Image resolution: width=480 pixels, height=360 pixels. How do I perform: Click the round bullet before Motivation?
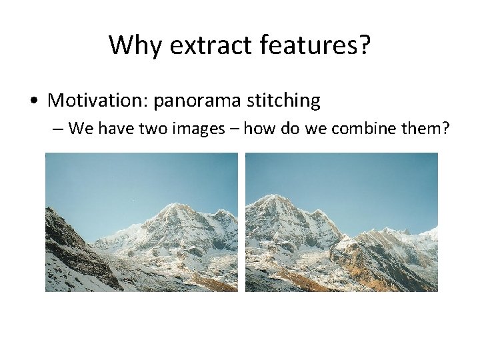pyautogui.click(x=33, y=101)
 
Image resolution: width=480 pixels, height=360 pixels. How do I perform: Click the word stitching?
pyautogui.click(x=283, y=101)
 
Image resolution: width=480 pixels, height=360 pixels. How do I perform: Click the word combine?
pyautogui.click(x=363, y=128)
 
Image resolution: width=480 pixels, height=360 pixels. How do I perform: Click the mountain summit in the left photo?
pyautogui.click(x=175, y=206)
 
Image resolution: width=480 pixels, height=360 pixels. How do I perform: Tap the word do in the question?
pyautogui.click(x=292, y=128)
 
